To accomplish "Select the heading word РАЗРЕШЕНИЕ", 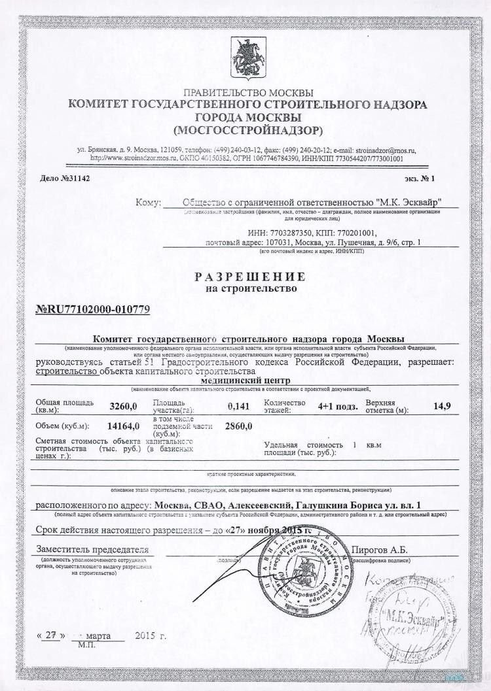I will click(250, 276).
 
